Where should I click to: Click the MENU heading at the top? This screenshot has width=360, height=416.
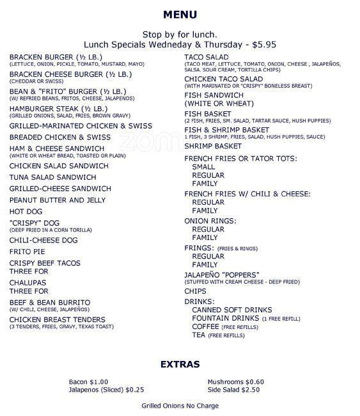click(x=180, y=15)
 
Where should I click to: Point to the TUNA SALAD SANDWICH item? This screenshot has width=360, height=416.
click(x=53, y=177)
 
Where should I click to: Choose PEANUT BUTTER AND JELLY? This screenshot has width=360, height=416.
click(x=58, y=200)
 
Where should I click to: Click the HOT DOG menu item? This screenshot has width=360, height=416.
click(x=26, y=211)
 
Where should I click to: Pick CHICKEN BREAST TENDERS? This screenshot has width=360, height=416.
click(x=58, y=319)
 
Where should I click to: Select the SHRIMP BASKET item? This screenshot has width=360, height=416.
click(x=213, y=146)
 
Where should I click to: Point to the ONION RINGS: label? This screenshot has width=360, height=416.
click(x=210, y=220)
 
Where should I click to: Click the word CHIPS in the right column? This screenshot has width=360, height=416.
click(x=195, y=291)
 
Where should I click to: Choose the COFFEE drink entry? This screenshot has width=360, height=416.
click(x=206, y=326)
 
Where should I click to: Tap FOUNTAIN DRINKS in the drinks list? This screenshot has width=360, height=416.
click(x=225, y=318)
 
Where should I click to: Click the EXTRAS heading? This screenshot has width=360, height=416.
click(x=180, y=364)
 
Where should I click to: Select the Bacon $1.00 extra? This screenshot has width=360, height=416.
click(x=88, y=382)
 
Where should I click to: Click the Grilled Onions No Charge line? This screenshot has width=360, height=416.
click(x=180, y=406)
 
